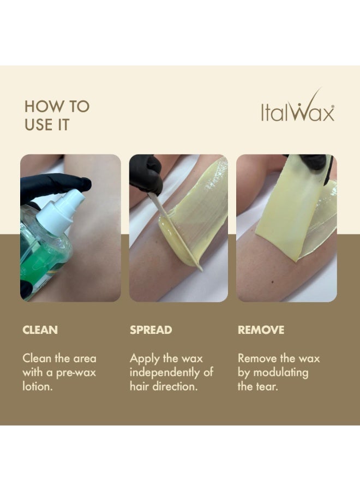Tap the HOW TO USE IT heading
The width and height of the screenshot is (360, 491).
(x=57, y=116)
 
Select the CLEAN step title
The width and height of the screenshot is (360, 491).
(x=40, y=330)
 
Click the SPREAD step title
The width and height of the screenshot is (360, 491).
(x=151, y=330)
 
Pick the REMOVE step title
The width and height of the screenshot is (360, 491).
(x=261, y=330)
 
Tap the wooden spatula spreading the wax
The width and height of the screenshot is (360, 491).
(x=175, y=232)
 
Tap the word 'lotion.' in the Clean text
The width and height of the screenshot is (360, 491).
(x=37, y=386)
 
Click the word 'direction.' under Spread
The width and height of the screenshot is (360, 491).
(x=175, y=386)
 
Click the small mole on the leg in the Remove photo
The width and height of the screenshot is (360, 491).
(x=273, y=283)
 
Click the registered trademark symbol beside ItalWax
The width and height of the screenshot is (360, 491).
(x=332, y=107)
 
